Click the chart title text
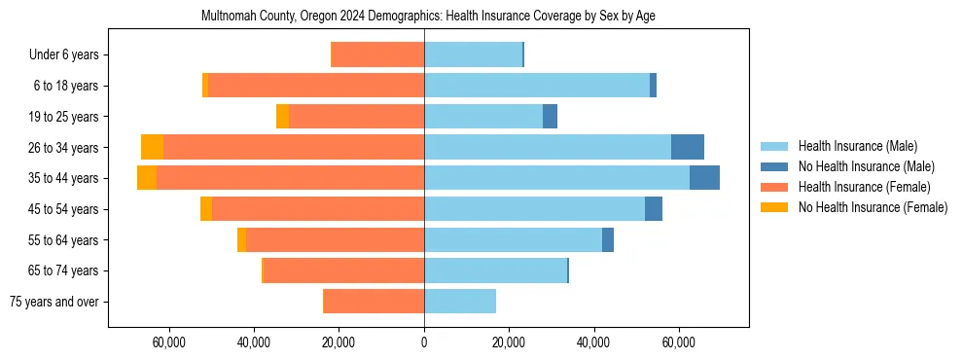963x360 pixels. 428,17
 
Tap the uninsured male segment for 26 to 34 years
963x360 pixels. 687,147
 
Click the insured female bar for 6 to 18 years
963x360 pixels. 315,86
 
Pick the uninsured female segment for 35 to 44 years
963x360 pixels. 147,178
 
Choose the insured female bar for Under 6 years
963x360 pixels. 378,54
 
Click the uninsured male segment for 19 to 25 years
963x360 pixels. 550,117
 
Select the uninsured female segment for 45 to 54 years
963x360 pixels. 206,209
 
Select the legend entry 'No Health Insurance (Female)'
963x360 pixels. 873,207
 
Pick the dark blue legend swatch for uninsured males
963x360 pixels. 774,166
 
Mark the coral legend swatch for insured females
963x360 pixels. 774,187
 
